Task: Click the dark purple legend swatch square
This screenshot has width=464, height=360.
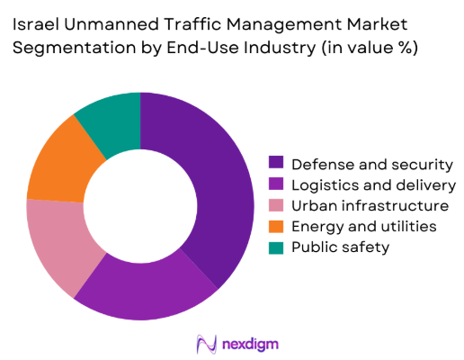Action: tap(275, 163)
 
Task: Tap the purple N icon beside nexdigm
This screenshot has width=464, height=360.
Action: tap(205, 343)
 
